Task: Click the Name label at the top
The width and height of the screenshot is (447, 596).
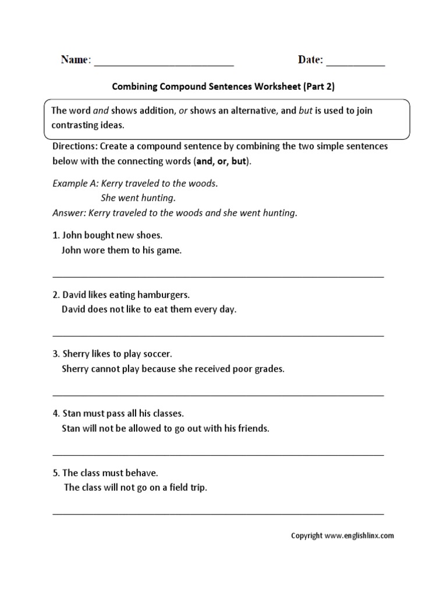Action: tap(75, 60)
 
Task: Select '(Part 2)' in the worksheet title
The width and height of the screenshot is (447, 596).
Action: tap(319, 87)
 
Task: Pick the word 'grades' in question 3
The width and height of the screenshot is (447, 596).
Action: tap(269, 369)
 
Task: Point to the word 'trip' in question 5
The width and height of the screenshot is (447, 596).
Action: tap(197, 488)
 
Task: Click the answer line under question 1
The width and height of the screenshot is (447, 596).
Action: tap(218, 276)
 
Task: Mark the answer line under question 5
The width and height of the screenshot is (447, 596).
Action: tap(218, 513)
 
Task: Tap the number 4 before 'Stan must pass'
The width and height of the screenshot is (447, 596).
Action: tap(55, 413)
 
